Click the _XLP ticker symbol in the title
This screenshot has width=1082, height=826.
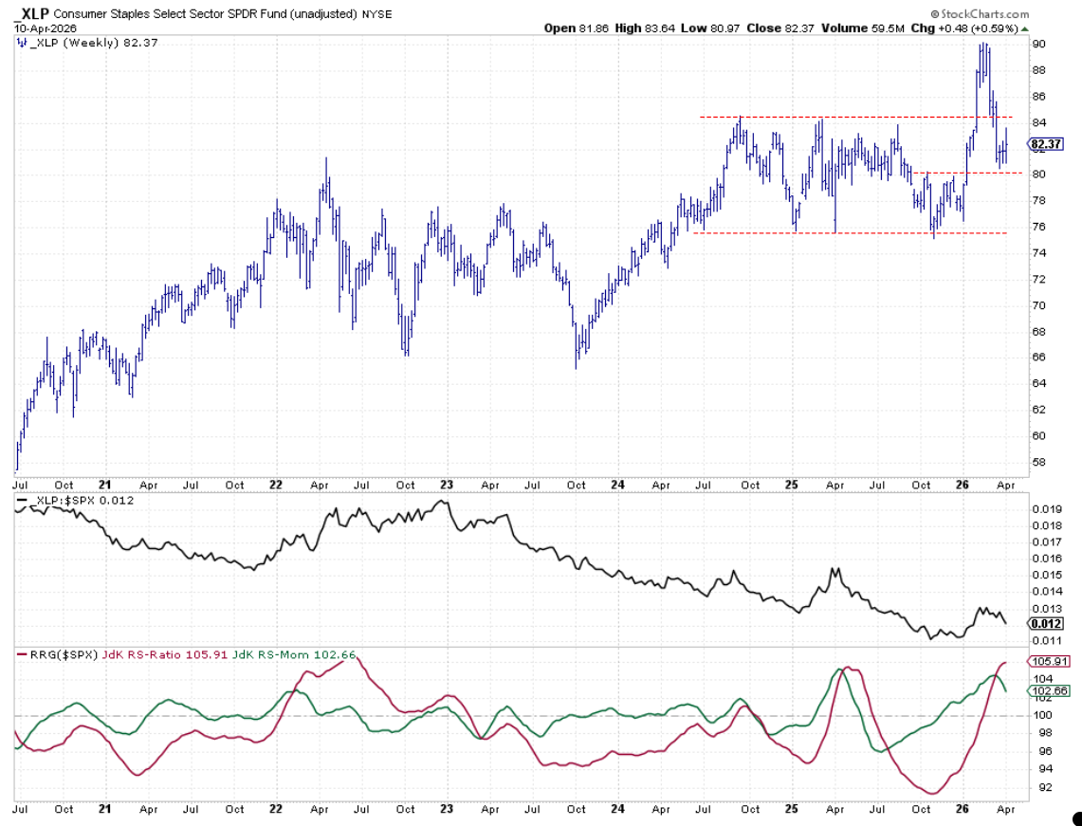[x=32, y=15]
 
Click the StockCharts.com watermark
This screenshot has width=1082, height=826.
[x=979, y=15]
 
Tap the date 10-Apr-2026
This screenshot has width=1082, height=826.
[x=43, y=28]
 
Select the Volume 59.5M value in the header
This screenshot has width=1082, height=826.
[x=884, y=28]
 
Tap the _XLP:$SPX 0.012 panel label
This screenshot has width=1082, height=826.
[x=71, y=500]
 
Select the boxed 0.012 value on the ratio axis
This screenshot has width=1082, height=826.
[x=1046, y=623]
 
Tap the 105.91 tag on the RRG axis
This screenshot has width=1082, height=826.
[x=1048, y=662]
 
